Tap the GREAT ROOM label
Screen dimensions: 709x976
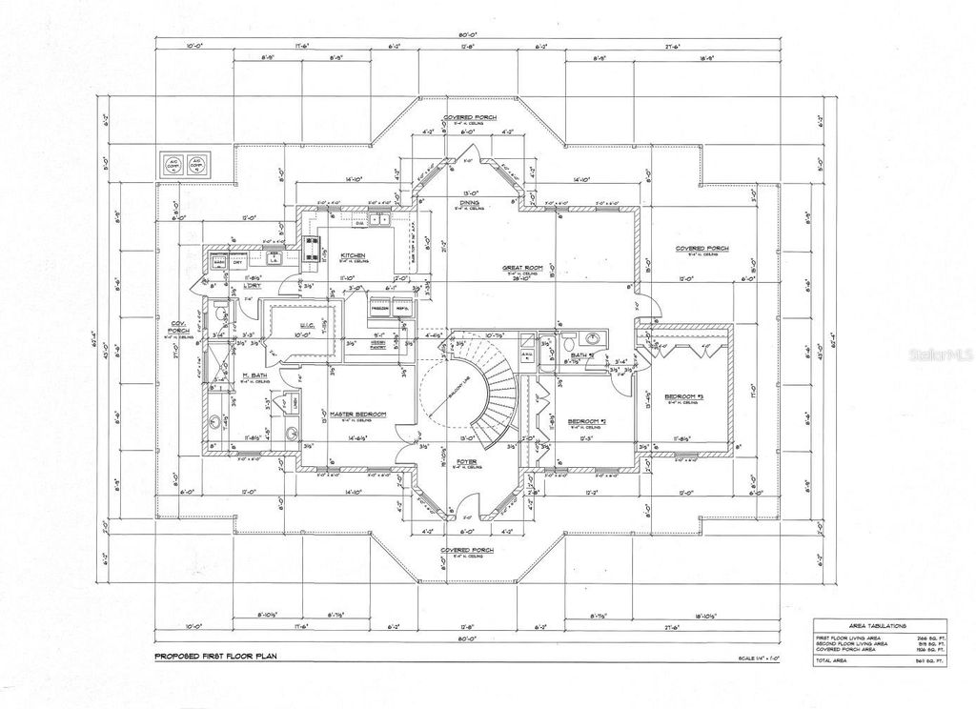pyautogui.click(x=522, y=269)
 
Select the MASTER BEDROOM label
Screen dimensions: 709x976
pyautogui.click(x=357, y=414)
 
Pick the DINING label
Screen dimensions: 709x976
pyautogui.click(x=468, y=203)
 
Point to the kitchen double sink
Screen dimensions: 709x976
pyautogui.click(x=378, y=221)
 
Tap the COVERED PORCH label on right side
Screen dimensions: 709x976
pyautogui.click(x=702, y=249)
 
